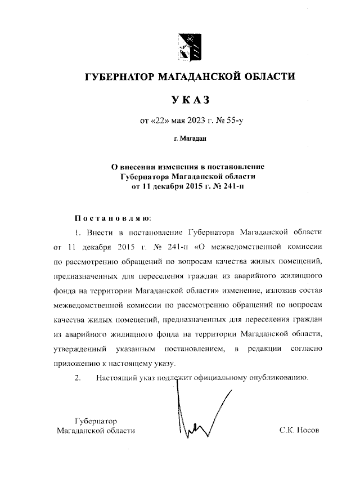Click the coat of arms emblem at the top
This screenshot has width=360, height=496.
pos(188,46)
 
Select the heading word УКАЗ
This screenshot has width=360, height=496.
pos(190,100)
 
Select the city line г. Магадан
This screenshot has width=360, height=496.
pos(190,138)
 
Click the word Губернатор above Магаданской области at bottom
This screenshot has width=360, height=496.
pos(96,421)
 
